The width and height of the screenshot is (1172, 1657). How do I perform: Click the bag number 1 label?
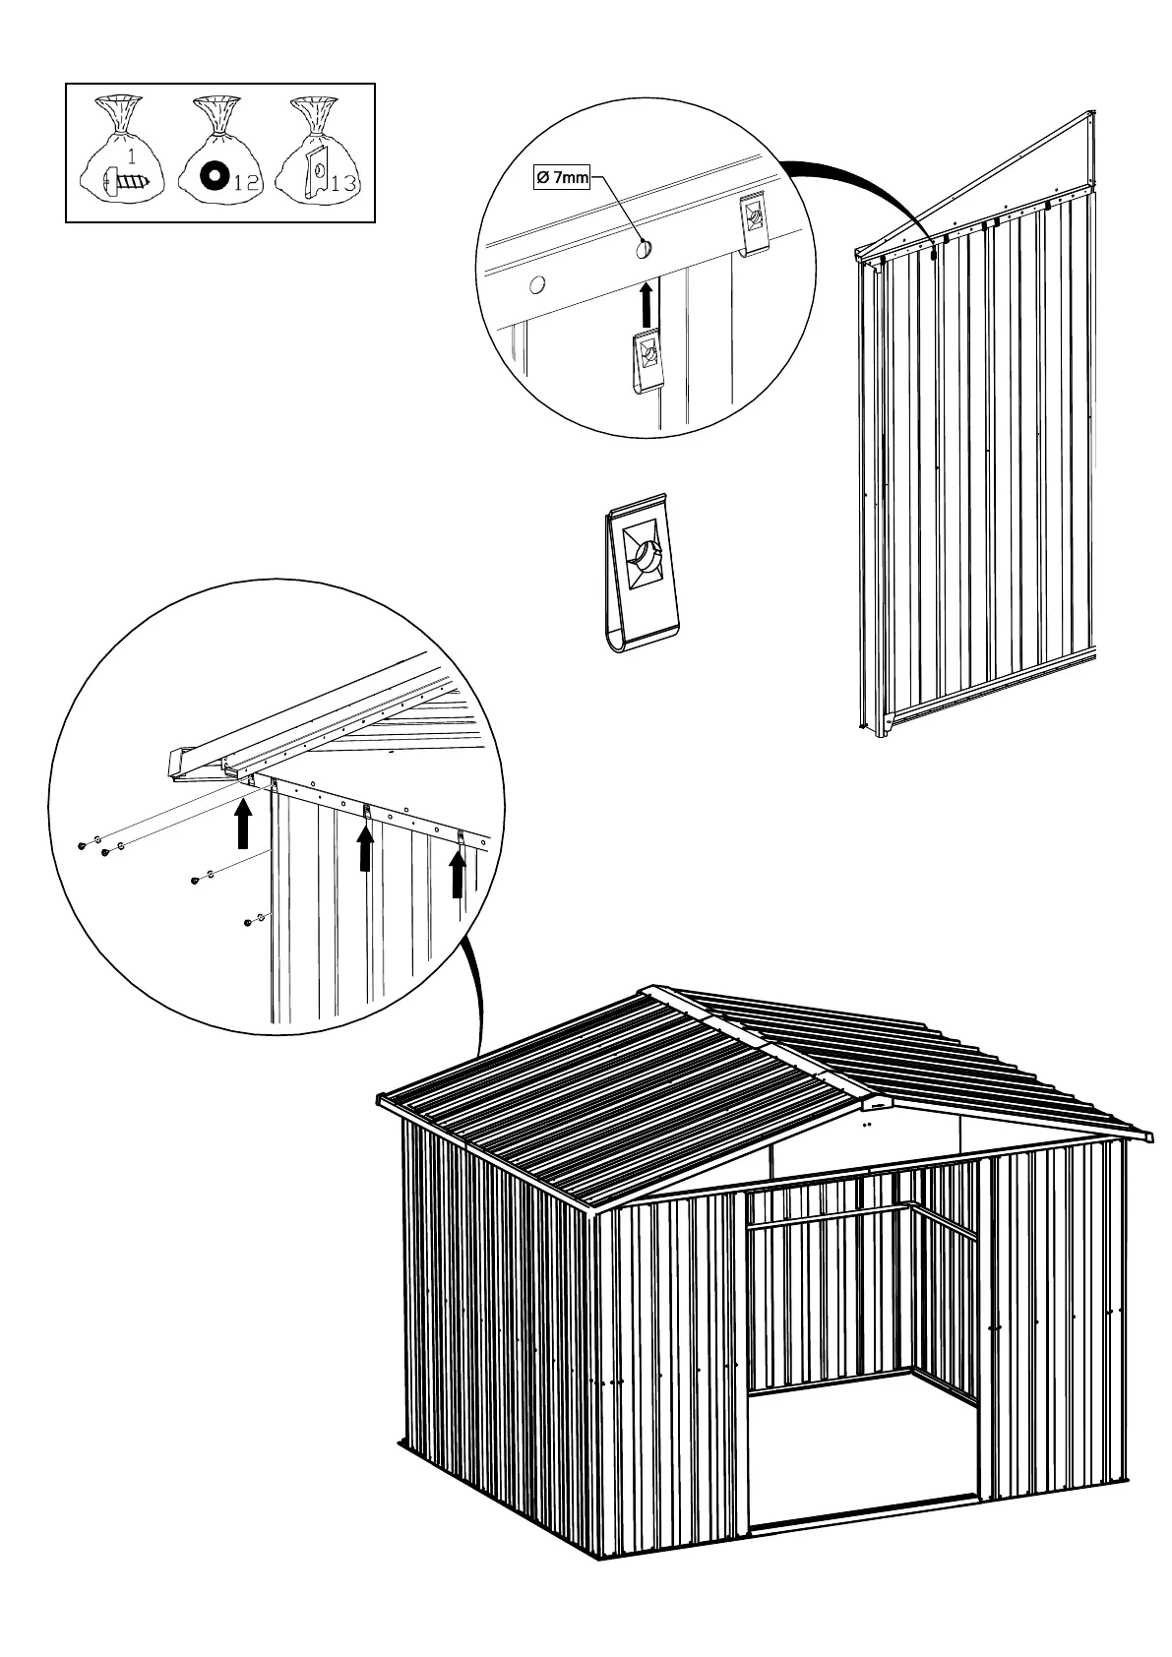132,153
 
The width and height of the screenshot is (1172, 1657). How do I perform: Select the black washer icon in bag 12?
210,178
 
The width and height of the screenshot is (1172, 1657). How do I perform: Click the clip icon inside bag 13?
314,171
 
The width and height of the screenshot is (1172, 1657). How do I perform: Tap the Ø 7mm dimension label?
560,178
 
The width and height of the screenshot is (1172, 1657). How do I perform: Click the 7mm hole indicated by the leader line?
644,248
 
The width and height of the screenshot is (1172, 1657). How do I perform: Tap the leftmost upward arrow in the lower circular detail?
244,826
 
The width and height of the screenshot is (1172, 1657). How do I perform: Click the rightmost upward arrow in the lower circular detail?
458,875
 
